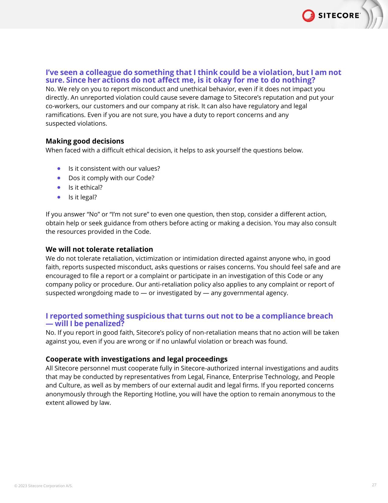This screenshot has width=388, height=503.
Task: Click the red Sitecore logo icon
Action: (308, 16)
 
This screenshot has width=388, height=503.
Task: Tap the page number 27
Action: (374, 485)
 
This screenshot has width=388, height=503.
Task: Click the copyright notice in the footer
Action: (44, 486)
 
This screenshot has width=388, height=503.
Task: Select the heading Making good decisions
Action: (85, 141)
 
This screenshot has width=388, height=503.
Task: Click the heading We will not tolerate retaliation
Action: (99, 249)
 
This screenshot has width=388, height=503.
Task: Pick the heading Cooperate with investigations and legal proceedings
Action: (137, 359)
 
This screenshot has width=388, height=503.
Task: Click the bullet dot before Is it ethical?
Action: (59, 187)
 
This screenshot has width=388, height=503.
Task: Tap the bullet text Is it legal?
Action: (82, 197)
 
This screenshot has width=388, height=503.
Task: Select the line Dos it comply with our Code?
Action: (111, 178)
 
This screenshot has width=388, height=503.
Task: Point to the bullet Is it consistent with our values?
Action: (114, 169)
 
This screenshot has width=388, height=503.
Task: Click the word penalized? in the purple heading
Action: (105, 324)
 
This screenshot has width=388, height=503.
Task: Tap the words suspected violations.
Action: (76, 123)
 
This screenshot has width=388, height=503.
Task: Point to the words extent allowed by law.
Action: (78, 403)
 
